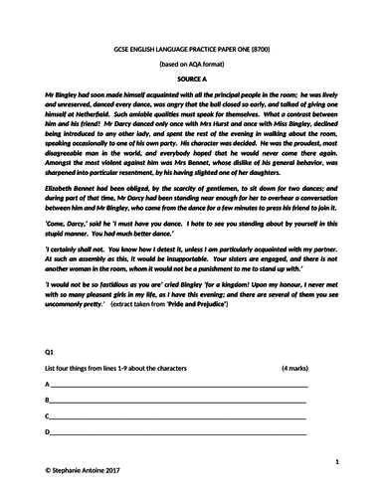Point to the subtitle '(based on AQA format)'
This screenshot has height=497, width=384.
click(x=192, y=63)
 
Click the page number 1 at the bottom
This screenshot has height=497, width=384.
click(x=337, y=462)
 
